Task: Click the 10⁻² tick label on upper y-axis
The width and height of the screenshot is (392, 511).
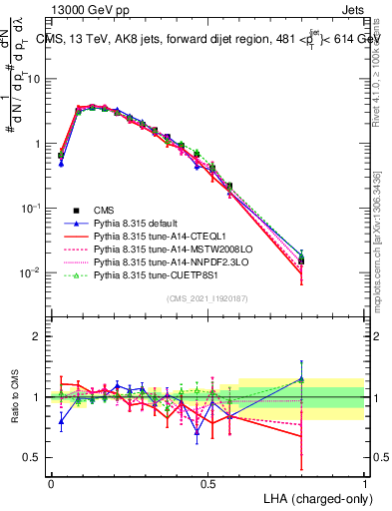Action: tap(34, 273)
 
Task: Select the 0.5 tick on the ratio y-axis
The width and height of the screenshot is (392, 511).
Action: tap(36, 457)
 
